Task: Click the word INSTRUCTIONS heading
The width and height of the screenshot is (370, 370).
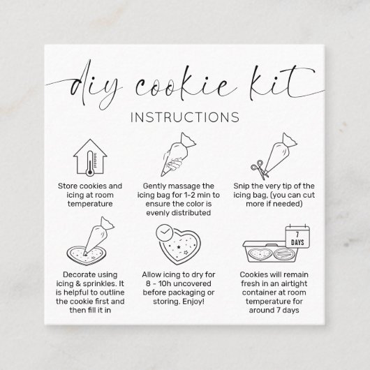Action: click(185, 117)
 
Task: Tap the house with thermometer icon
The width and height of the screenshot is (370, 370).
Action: click(90, 158)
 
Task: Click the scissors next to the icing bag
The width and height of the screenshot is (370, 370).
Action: click(260, 170)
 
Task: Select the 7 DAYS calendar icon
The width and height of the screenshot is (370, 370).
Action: click(297, 236)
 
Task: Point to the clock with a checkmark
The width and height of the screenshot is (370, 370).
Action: click(165, 232)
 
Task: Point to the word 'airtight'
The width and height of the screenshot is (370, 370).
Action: click(293, 283)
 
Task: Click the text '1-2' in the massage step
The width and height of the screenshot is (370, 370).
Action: click(189, 195)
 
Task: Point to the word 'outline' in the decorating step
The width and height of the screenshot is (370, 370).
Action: click(112, 293)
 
